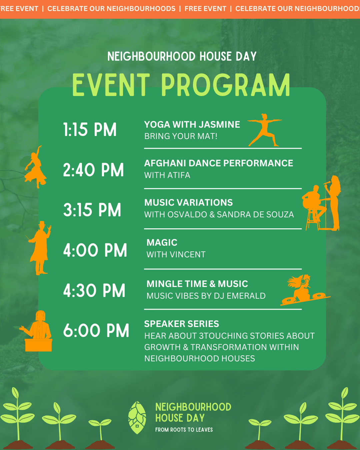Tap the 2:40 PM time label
pos(93,170)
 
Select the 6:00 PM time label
pos(96,330)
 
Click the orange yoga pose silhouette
pos(265,130)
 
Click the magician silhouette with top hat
pos(40,248)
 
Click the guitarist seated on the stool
pos(314,207)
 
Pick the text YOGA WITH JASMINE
pos(192,124)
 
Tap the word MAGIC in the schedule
pos(162,243)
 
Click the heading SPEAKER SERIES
pos(182,324)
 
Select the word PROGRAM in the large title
pos(225,85)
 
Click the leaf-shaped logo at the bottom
pos(137,418)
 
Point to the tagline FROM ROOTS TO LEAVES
pos(184,430)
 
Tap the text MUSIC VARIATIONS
pos(188,202)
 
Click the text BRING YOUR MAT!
pos(181,136)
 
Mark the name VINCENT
pos(188,254)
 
